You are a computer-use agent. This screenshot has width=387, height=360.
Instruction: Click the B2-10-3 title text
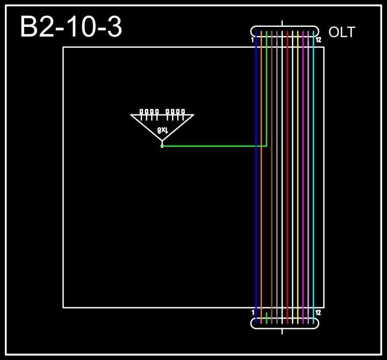[x=71, y=27]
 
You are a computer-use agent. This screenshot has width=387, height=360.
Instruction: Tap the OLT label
[x=342, y=32]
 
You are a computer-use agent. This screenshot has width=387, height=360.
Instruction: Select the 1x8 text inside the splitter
[x=163, y=130]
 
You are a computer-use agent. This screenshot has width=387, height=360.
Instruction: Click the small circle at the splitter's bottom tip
[x=162, y=146]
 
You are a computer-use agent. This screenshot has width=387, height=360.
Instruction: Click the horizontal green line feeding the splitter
[x=215, y=146]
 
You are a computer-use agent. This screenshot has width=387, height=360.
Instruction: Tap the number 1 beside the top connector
[x=253, y=40]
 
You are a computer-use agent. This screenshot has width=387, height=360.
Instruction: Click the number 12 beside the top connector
[x=318, y=40]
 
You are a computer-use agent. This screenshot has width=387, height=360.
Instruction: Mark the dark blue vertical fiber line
[x=256, y=177]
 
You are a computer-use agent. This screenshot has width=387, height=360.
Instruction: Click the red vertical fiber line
[x=288, y=177]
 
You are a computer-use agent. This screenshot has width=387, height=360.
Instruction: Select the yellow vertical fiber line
[x=298, y=177]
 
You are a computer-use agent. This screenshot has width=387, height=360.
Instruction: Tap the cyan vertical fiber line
[x=313, y=177]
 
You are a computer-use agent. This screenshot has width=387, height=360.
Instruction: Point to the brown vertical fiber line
[x=272, y=177]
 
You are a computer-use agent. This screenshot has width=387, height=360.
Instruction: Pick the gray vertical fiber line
[x=277, y=177]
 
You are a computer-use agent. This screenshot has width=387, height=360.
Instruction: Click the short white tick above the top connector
[x=282, y=23]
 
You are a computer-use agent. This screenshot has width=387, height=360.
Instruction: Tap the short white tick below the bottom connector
[x=282, y=331]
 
